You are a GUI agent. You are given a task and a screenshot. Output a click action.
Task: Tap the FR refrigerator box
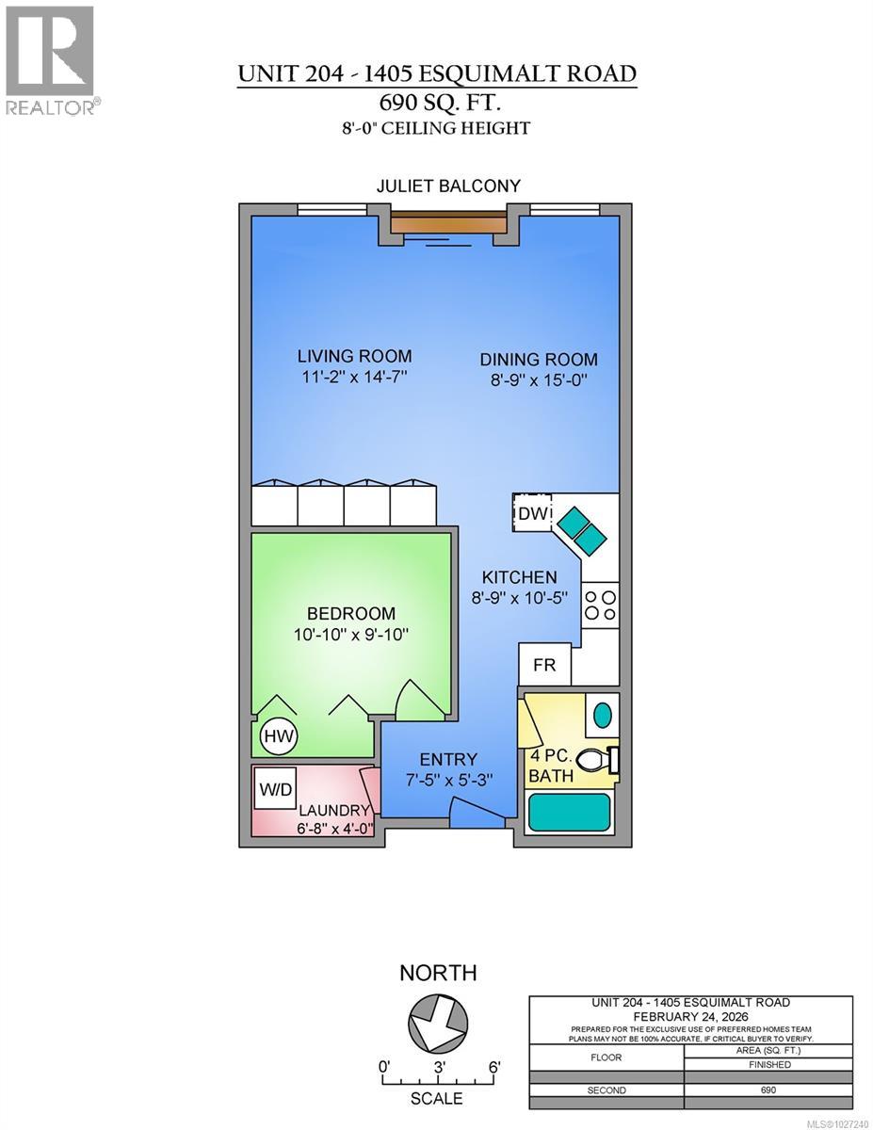point(544,665)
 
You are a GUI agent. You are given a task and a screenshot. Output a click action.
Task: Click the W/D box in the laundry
point(276,789)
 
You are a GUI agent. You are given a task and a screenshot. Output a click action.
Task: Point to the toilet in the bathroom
point(595,759)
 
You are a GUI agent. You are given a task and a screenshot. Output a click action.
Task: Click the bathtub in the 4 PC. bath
point(569,812)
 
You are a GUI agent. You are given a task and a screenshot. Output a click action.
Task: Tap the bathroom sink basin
point(603,715)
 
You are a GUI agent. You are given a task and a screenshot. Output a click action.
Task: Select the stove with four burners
point(600,605)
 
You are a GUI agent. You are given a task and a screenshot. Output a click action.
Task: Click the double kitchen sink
point(581,531)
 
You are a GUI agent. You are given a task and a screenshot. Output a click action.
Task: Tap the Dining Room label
point(539,359)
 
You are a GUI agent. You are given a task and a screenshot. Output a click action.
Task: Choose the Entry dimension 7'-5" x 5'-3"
point(448,780)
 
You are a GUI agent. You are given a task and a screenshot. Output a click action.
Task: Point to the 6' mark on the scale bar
point(493,1068)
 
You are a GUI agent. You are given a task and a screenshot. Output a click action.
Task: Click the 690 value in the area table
point(768,1090)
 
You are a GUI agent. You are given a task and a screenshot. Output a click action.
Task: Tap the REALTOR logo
point(51,60)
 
